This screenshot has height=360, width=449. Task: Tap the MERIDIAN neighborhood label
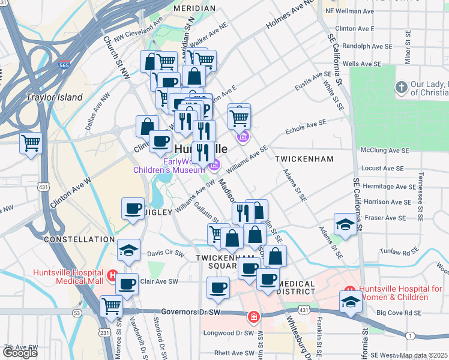pos(194,8)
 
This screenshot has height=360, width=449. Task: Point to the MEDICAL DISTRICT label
pos(288,287)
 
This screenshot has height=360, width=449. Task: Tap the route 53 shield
pos(77,313)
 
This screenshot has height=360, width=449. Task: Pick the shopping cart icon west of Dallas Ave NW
pos(31,143)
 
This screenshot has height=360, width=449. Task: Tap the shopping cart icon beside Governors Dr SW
pos(112,306)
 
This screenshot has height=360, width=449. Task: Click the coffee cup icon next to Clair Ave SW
pos(126,283)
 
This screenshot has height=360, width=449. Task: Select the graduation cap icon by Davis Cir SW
pos(128,251)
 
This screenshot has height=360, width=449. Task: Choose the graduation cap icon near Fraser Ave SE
pos(345,224)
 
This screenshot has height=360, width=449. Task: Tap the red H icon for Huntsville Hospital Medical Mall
pos(112,276)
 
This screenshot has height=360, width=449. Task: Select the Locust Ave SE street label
pos(399,170)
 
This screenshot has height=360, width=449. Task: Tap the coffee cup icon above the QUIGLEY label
pos(133,209)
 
